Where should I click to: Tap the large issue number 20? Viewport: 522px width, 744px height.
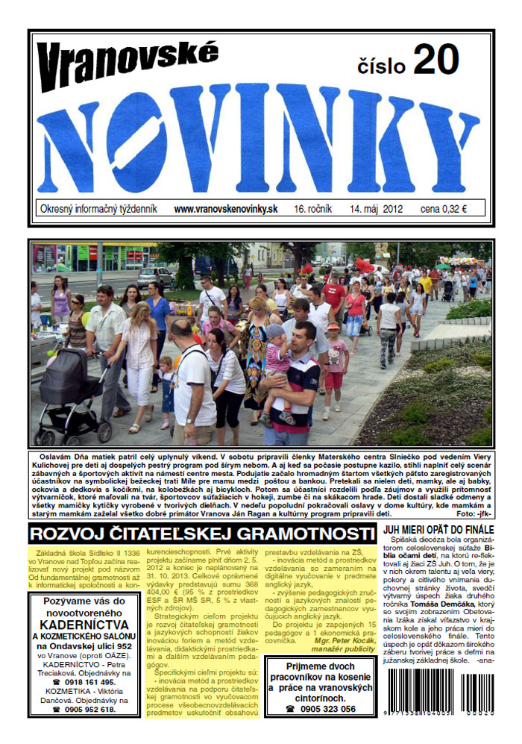[440, 59]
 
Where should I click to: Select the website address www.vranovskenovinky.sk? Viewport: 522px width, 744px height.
[225, 209]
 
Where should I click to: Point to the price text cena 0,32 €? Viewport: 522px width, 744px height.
[443, 209]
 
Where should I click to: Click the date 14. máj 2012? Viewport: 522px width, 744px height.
[376, 209]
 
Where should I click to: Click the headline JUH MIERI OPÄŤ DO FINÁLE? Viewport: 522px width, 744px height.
[438, 529]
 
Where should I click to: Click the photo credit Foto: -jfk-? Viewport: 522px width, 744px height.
[473, 514]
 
